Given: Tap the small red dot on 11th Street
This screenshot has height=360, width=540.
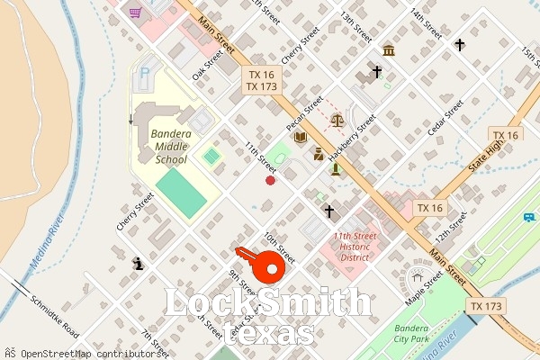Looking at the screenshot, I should (x=270, y=181).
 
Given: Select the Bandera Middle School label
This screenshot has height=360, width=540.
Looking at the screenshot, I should (x=157, y=146).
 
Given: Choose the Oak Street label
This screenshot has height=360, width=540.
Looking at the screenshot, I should (x=206, y=65).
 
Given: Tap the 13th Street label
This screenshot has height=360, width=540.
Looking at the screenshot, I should (x=355, y=27).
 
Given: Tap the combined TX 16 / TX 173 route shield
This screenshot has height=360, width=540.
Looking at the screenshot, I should (x=261, y=81).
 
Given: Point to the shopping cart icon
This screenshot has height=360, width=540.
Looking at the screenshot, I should (x=135, y=13).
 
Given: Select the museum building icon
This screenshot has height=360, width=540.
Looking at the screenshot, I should (x=389, y=49).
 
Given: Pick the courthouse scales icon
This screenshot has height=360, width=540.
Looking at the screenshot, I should (x=337, y=118).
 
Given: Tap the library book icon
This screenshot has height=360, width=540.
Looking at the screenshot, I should (x=300, y=138).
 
